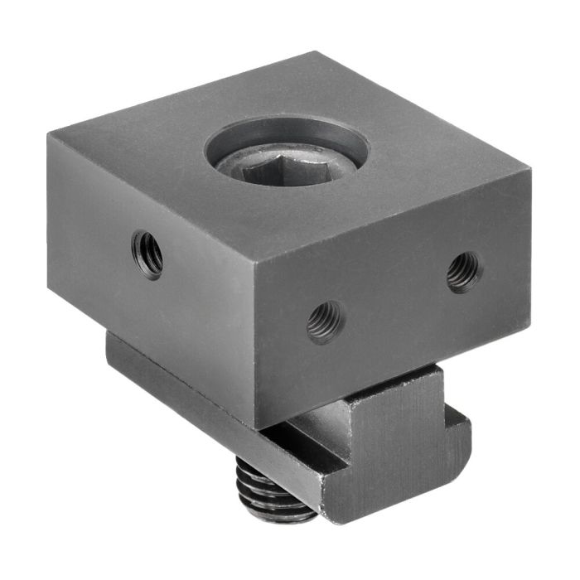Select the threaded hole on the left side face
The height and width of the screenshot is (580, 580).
[x=147, y=254]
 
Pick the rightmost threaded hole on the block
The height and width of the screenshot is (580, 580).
[x=463, y=271]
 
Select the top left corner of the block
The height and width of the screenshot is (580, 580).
[x=47, y=135]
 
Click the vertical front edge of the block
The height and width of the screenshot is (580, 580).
[x=261, y=348]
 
